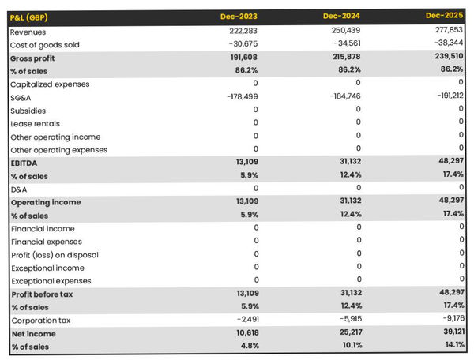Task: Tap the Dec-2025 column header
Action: [x=445, y=15]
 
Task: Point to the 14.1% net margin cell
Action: [x=451, y=345]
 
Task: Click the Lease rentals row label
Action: [x=36, y=123]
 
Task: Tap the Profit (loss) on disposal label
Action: [x=53, y=254]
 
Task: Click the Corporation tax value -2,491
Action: [x=243, y=320]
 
